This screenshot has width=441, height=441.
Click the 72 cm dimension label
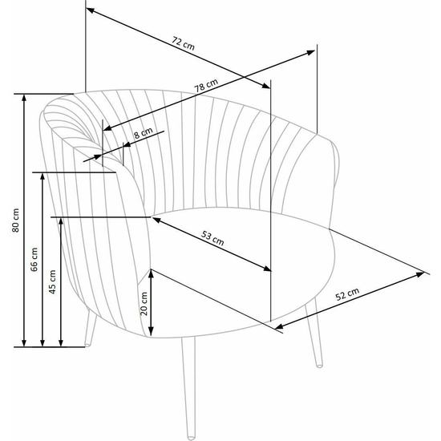[183, 43]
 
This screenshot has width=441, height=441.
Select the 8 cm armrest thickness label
[144, 133]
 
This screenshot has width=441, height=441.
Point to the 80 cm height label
[16, 220]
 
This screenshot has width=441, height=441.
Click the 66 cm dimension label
[34, 259]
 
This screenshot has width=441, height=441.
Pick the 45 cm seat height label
[53, 281]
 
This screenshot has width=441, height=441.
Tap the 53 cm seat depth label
[212, 238]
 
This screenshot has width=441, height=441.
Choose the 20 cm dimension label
[144, 303]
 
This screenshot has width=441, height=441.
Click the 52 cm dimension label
[347, 294]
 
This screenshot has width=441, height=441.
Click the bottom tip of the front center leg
[191, 438]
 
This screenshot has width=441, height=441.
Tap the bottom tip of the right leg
[319, 366]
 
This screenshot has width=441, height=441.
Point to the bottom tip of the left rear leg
[87, 345]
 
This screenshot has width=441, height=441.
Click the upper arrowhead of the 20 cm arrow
[151, 273]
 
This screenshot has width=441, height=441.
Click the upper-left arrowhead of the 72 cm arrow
[90, 10]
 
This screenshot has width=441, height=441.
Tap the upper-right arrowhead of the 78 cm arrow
[311, 52]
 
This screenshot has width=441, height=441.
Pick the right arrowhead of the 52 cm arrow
[420, 274]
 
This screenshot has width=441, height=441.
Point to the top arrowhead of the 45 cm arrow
[61, 221]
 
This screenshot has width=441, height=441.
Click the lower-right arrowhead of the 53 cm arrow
[267, 269]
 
